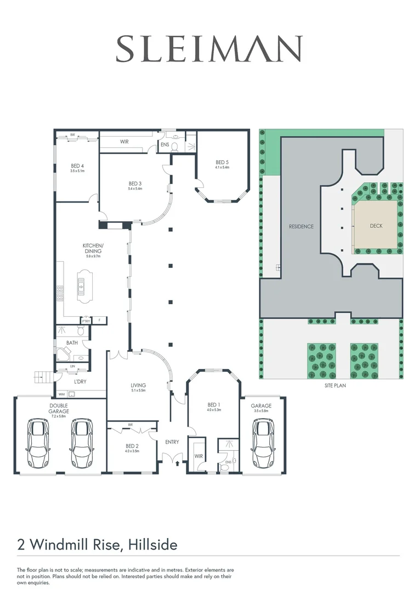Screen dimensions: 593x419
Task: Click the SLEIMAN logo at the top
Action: point(209,48)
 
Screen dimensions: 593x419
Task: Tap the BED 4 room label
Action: point(77,166)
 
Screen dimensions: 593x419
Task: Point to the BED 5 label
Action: point(222,163)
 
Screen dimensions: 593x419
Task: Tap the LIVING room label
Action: point(138,385)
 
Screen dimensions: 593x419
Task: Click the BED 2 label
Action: point(132,446)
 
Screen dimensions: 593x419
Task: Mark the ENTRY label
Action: point(172,441)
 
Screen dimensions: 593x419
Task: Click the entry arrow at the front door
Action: point(177,463)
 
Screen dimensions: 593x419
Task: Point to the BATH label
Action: point(72,343)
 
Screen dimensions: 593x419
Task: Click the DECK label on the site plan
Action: point(376,226)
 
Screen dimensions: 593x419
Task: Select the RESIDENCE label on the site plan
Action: point(301,226)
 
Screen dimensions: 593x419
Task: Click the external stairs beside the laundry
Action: point(43,377)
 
